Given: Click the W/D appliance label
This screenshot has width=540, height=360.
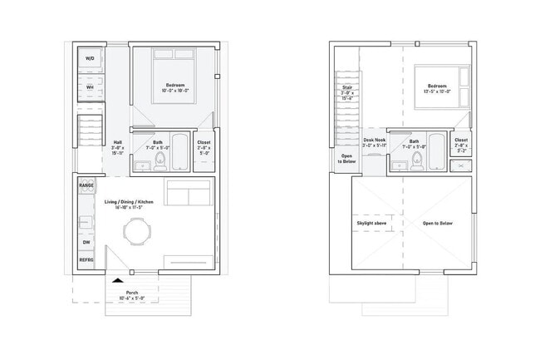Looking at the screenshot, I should coord(89,59).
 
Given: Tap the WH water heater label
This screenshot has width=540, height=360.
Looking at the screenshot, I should coord(89,86).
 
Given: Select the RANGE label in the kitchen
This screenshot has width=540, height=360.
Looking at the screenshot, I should coord(86,185).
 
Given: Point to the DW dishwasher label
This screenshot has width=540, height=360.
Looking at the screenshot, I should coord(86,242).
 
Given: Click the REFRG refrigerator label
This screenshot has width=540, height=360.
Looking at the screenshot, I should coord(86,260).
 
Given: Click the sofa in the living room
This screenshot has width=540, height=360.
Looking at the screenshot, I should coord(188,194).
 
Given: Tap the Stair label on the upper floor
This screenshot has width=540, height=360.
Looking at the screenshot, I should coord(348,86).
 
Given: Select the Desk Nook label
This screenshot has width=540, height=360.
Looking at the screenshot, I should coord(375,141).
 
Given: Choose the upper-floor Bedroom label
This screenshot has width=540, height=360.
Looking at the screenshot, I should coord(438,86).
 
